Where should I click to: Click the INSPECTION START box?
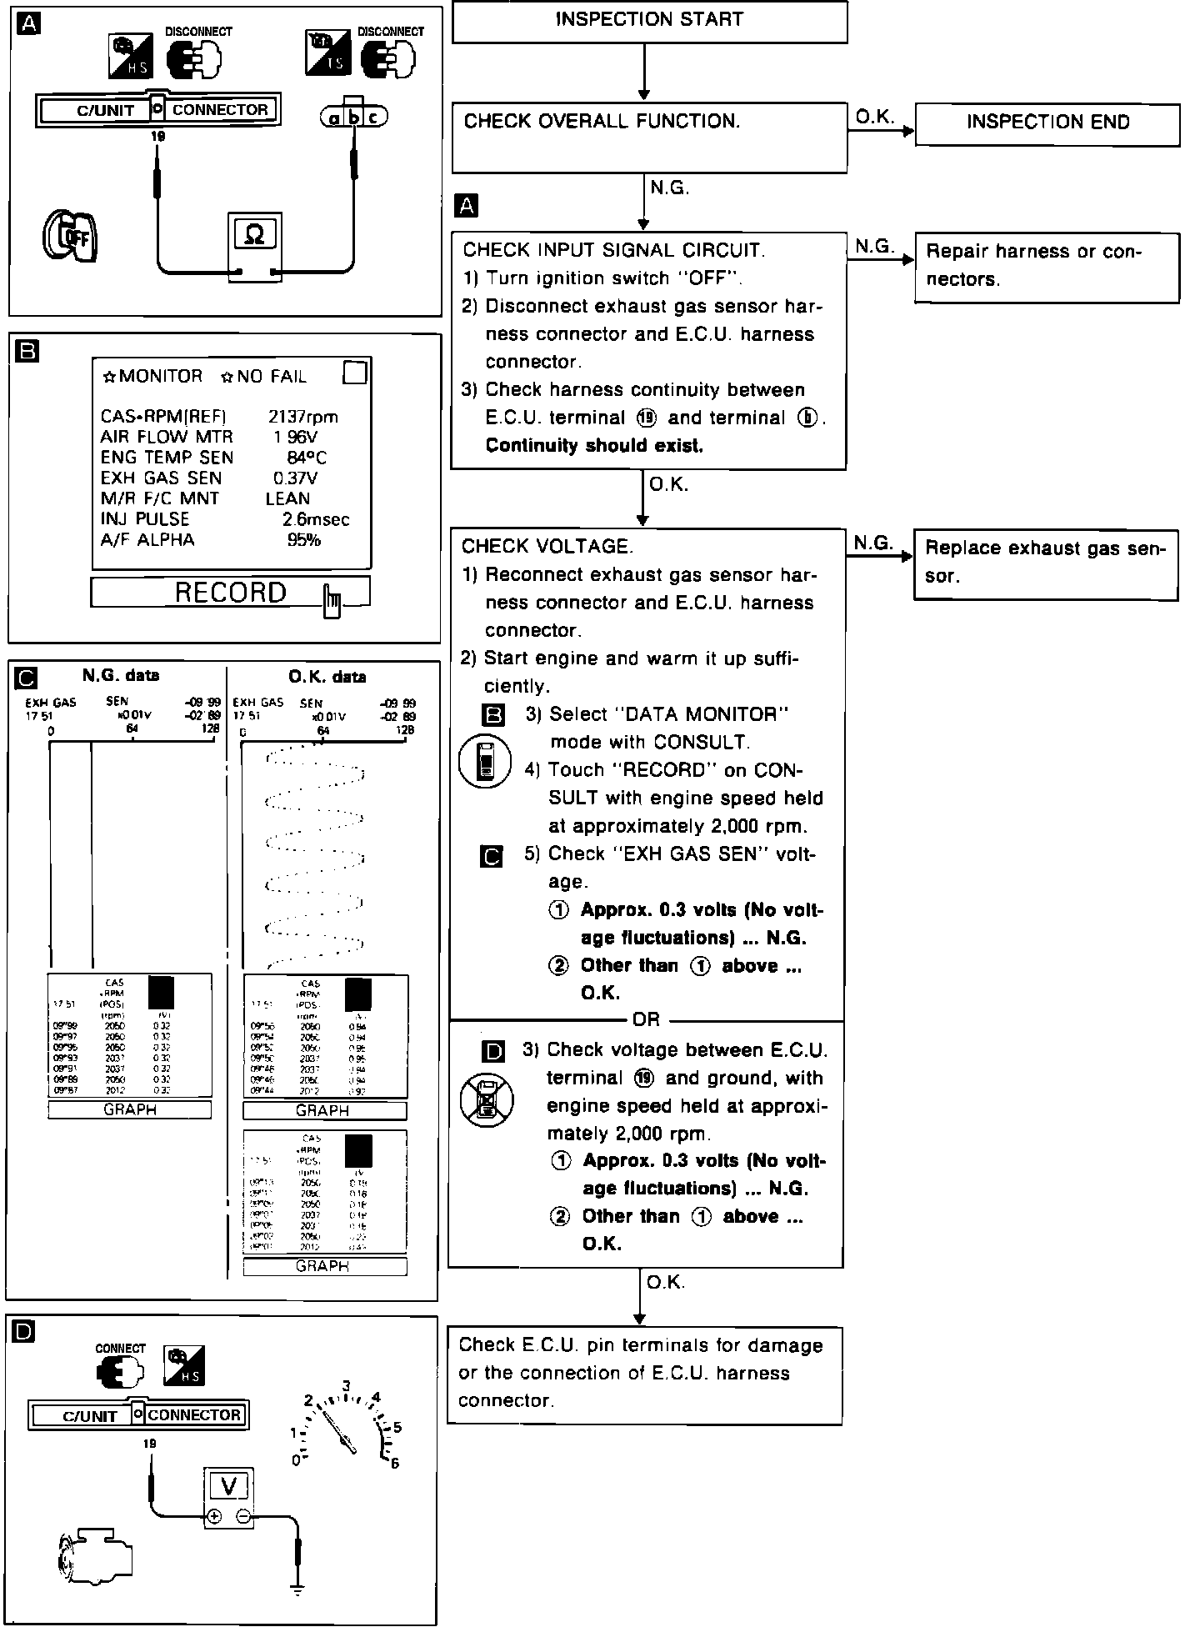pos(649,21)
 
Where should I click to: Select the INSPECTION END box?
pos(1047,124)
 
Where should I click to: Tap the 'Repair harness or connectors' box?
pos(1047,267)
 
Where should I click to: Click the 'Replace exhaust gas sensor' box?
pos(1046,564)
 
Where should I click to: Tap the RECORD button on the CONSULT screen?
pos(231,593)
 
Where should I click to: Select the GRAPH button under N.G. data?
pos(130,1109)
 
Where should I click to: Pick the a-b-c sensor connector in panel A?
pos(354,118)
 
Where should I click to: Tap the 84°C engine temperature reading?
pos(306,458)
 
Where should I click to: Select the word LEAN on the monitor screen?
pos(287,498)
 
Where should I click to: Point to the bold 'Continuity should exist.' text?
pos(594,446)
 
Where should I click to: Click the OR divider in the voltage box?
pos(646,1019)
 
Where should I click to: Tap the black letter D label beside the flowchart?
pos(493,1053)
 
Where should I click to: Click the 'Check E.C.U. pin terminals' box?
pos(644,1373)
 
